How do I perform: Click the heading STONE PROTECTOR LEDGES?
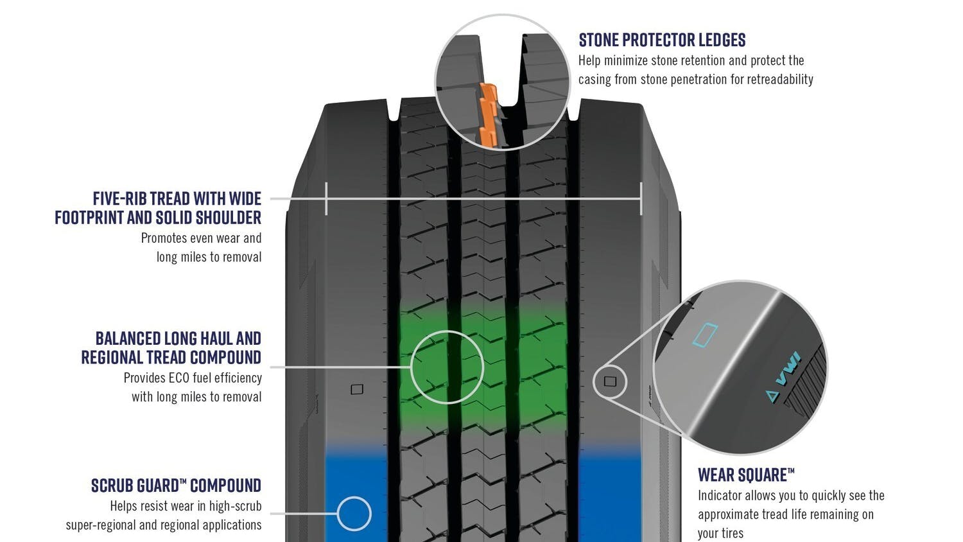(662, 40)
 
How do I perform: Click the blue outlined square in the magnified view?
(706, 335)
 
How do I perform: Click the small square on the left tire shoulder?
(357, 389)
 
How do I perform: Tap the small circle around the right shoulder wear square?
(610, 381)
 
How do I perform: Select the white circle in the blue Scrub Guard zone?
(354, 513)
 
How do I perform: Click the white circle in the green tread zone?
(447, 367)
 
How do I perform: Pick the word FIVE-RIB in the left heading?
(119, 198)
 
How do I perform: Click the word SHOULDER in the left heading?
(229, 218)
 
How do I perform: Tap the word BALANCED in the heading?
(128, 338)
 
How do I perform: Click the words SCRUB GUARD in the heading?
(131, 485)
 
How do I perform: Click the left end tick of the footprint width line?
(327, 198)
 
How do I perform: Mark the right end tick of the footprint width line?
(641, 198)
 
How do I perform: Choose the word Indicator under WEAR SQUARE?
(724, 496)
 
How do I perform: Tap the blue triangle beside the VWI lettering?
(772, 396)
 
